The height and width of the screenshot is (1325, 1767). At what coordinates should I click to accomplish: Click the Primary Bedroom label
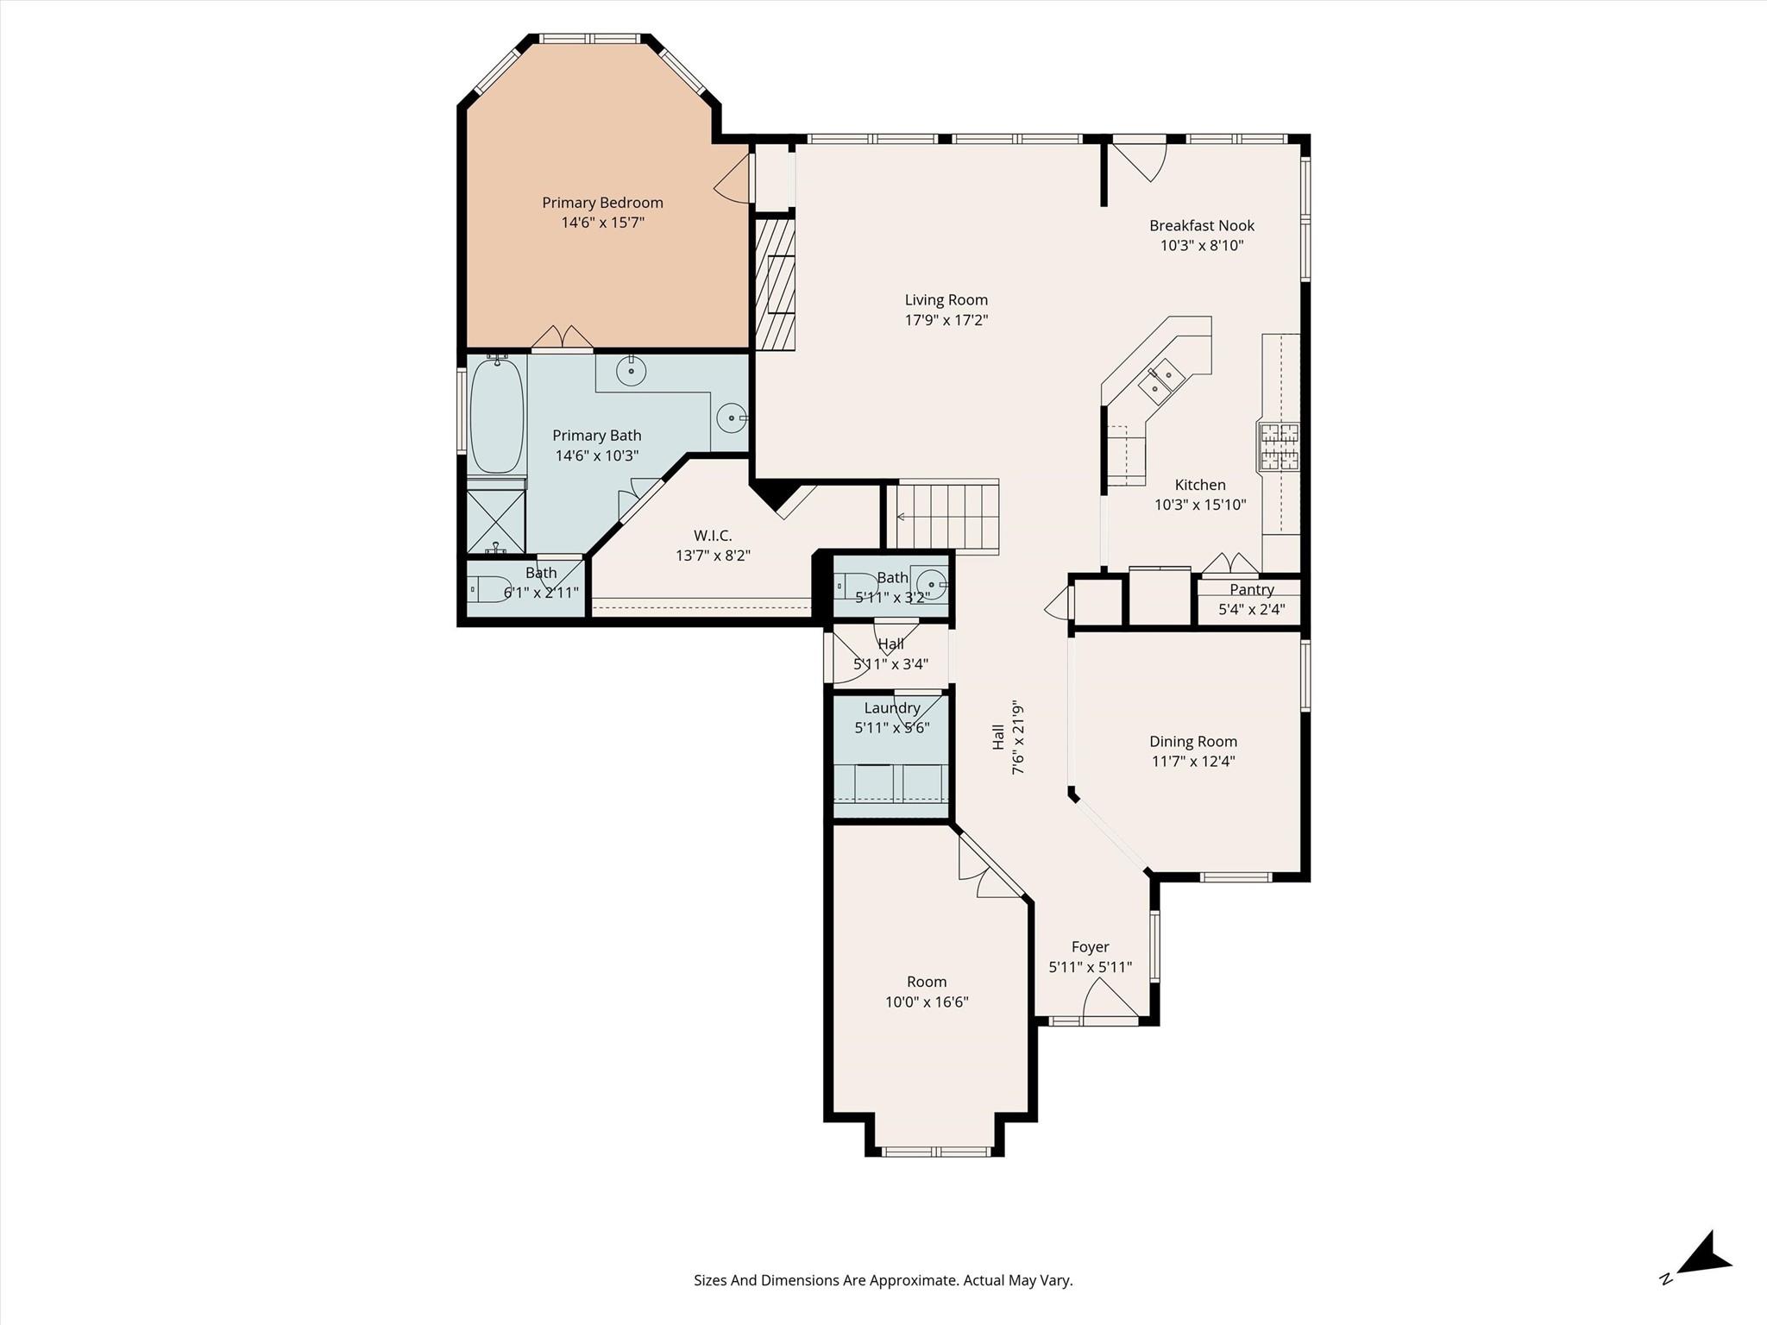point(602,203)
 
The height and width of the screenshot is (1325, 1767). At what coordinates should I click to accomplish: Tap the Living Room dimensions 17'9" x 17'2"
point(946,320)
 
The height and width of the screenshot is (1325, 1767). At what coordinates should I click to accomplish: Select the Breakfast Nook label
point(1201,226)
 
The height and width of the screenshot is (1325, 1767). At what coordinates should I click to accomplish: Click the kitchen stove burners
point(1279,446)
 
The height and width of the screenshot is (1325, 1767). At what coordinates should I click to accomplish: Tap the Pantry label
point(1251,590)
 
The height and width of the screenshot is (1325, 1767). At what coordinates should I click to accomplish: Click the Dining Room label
point(1193,742)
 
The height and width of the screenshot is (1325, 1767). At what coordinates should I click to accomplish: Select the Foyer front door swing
point(1111,1000)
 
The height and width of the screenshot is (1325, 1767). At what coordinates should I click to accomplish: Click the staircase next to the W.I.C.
point(947,516)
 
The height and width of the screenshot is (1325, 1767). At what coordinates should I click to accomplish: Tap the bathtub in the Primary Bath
point(497,416)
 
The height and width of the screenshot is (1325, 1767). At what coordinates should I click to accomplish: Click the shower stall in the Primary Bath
point(496,522)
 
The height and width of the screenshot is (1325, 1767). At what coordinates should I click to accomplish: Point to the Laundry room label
point(892,708)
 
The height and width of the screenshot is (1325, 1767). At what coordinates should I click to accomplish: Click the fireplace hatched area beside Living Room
point(775,284)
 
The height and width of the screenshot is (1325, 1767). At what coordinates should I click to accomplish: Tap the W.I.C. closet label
point(713,537)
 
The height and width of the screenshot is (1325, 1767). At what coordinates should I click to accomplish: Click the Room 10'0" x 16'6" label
point(927,992)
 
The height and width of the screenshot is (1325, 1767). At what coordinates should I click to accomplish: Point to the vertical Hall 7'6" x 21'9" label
point(1008,737)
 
